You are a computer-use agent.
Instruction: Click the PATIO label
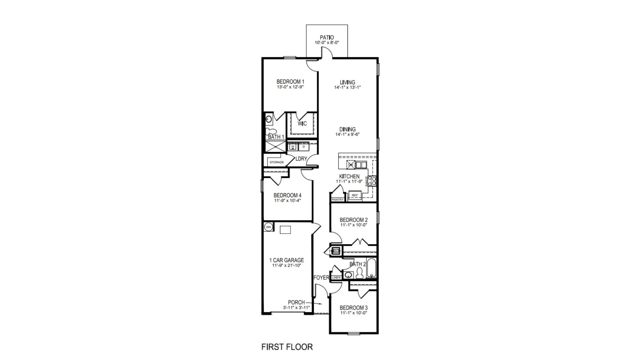tap(327, 37)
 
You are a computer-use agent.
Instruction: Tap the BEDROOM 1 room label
tap(290, 82)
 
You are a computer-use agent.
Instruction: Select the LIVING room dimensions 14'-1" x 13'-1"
tap(347, 87)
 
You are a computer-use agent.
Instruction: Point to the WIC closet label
tap(302, 124)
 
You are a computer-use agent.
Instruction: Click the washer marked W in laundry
tap(292, 147)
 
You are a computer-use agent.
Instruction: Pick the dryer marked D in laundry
tap(304, 147)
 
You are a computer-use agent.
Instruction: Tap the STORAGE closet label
tap(276, 162)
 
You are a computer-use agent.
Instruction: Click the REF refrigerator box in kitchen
tap(355, 195)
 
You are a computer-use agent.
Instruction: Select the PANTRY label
tap(338, 200)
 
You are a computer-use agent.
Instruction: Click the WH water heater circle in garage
tap(268, 227)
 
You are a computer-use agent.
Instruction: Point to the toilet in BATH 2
tap(359, 273)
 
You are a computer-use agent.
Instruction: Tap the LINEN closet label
tap(336, 277)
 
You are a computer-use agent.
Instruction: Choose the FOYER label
tap(321, 277)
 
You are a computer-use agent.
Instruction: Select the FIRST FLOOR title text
tap(287, 347)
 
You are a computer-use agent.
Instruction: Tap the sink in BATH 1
tap(269, 119)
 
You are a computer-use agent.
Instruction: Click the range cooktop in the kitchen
tap(372, 181)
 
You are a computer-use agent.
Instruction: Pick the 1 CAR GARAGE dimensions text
tap(286, 265)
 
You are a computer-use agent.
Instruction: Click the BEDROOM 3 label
tap(353, 308)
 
